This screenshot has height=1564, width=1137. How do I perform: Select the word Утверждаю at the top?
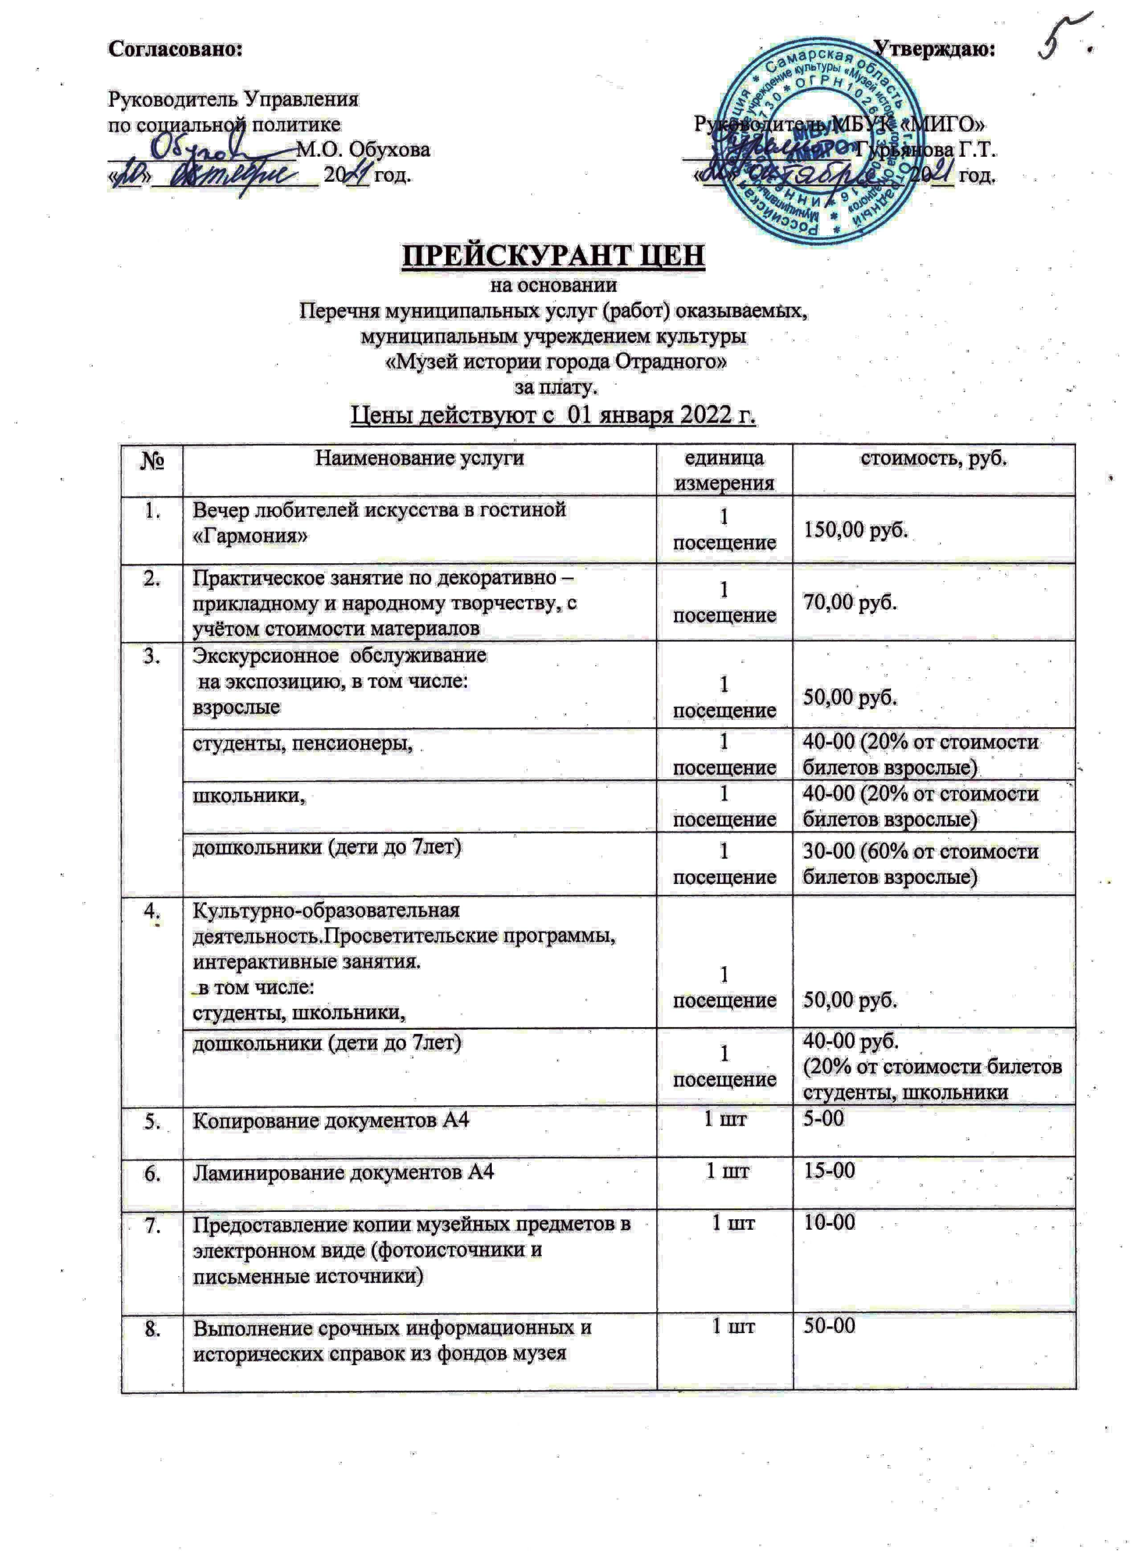933,49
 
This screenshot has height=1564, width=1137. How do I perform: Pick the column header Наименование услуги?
419,458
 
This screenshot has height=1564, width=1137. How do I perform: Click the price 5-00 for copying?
823,1118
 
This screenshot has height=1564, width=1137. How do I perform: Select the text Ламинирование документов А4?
343,1171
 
